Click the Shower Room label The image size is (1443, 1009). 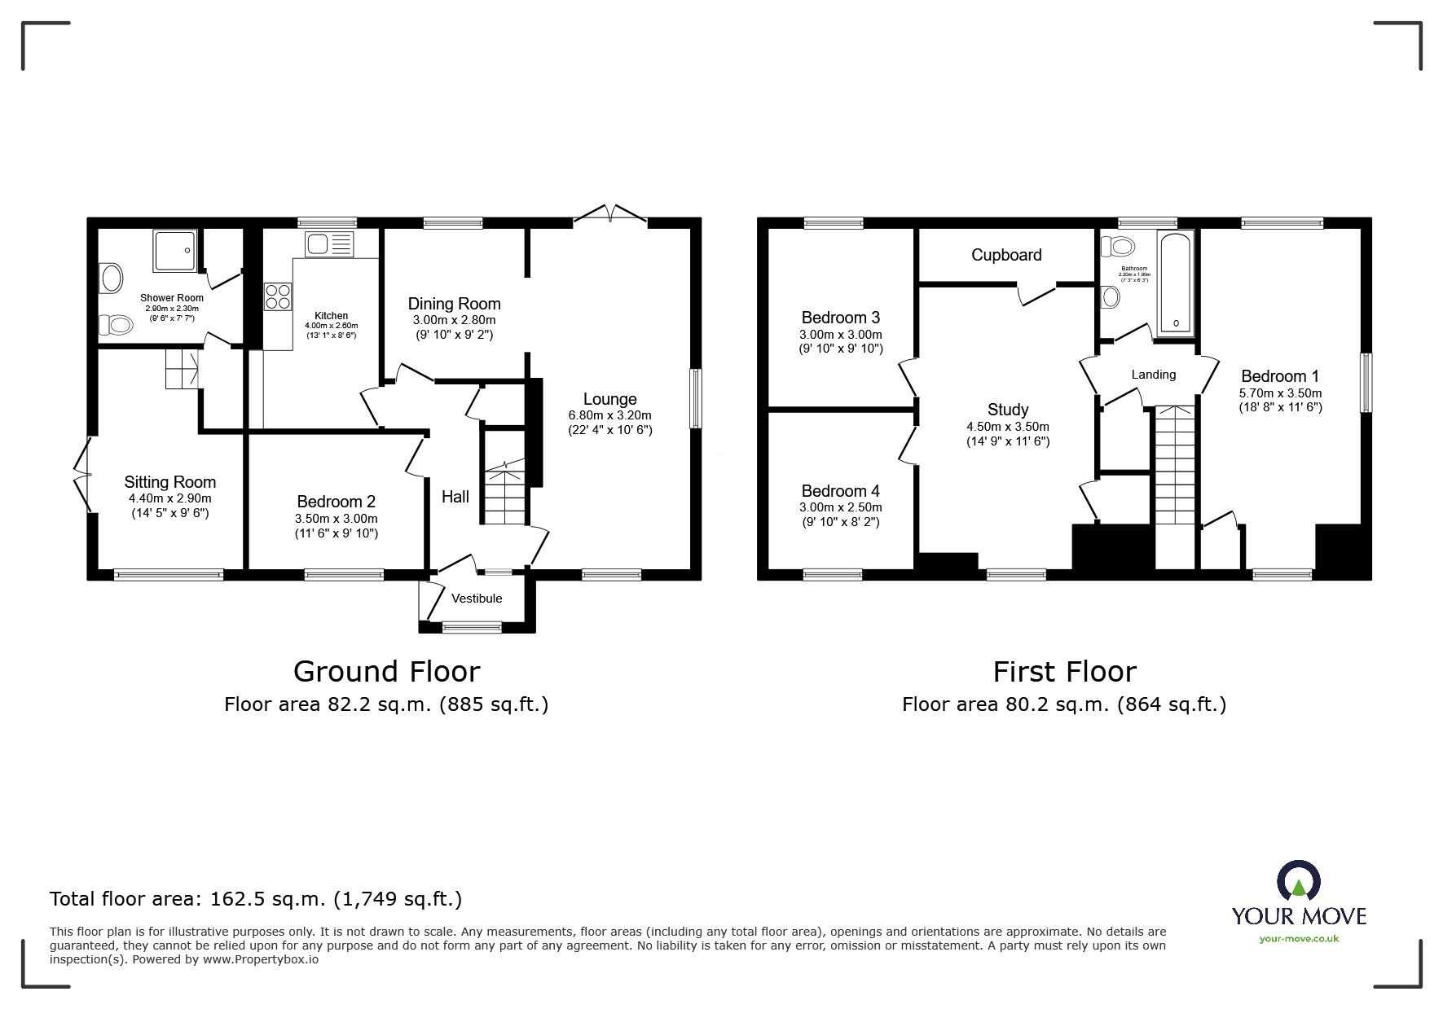coord(171,298)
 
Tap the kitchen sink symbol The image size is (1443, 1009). coord(328,243)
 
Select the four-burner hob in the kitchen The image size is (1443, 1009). coord(278,296)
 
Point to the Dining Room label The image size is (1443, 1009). coord(454,304)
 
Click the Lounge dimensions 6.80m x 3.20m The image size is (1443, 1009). coord(609,415)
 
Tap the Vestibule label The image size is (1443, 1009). coord(477,599)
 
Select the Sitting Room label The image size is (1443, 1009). coord(169,482)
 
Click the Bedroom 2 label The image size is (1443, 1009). coord(336,502)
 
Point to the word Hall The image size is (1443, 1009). coord(455,497)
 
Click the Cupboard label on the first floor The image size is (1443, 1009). coord(1005,255)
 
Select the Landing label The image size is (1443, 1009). coord(1153,375)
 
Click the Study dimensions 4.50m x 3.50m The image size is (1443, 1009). coord(1007,427)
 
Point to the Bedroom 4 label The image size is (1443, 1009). coord(840,491)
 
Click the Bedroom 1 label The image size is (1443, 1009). coord(1279,376)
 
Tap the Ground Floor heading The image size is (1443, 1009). coord(386,672)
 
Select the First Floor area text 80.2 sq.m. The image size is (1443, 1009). coord(1063,704)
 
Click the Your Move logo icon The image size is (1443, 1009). coord(1298,881)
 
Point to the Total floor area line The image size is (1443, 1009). coord(256,899)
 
